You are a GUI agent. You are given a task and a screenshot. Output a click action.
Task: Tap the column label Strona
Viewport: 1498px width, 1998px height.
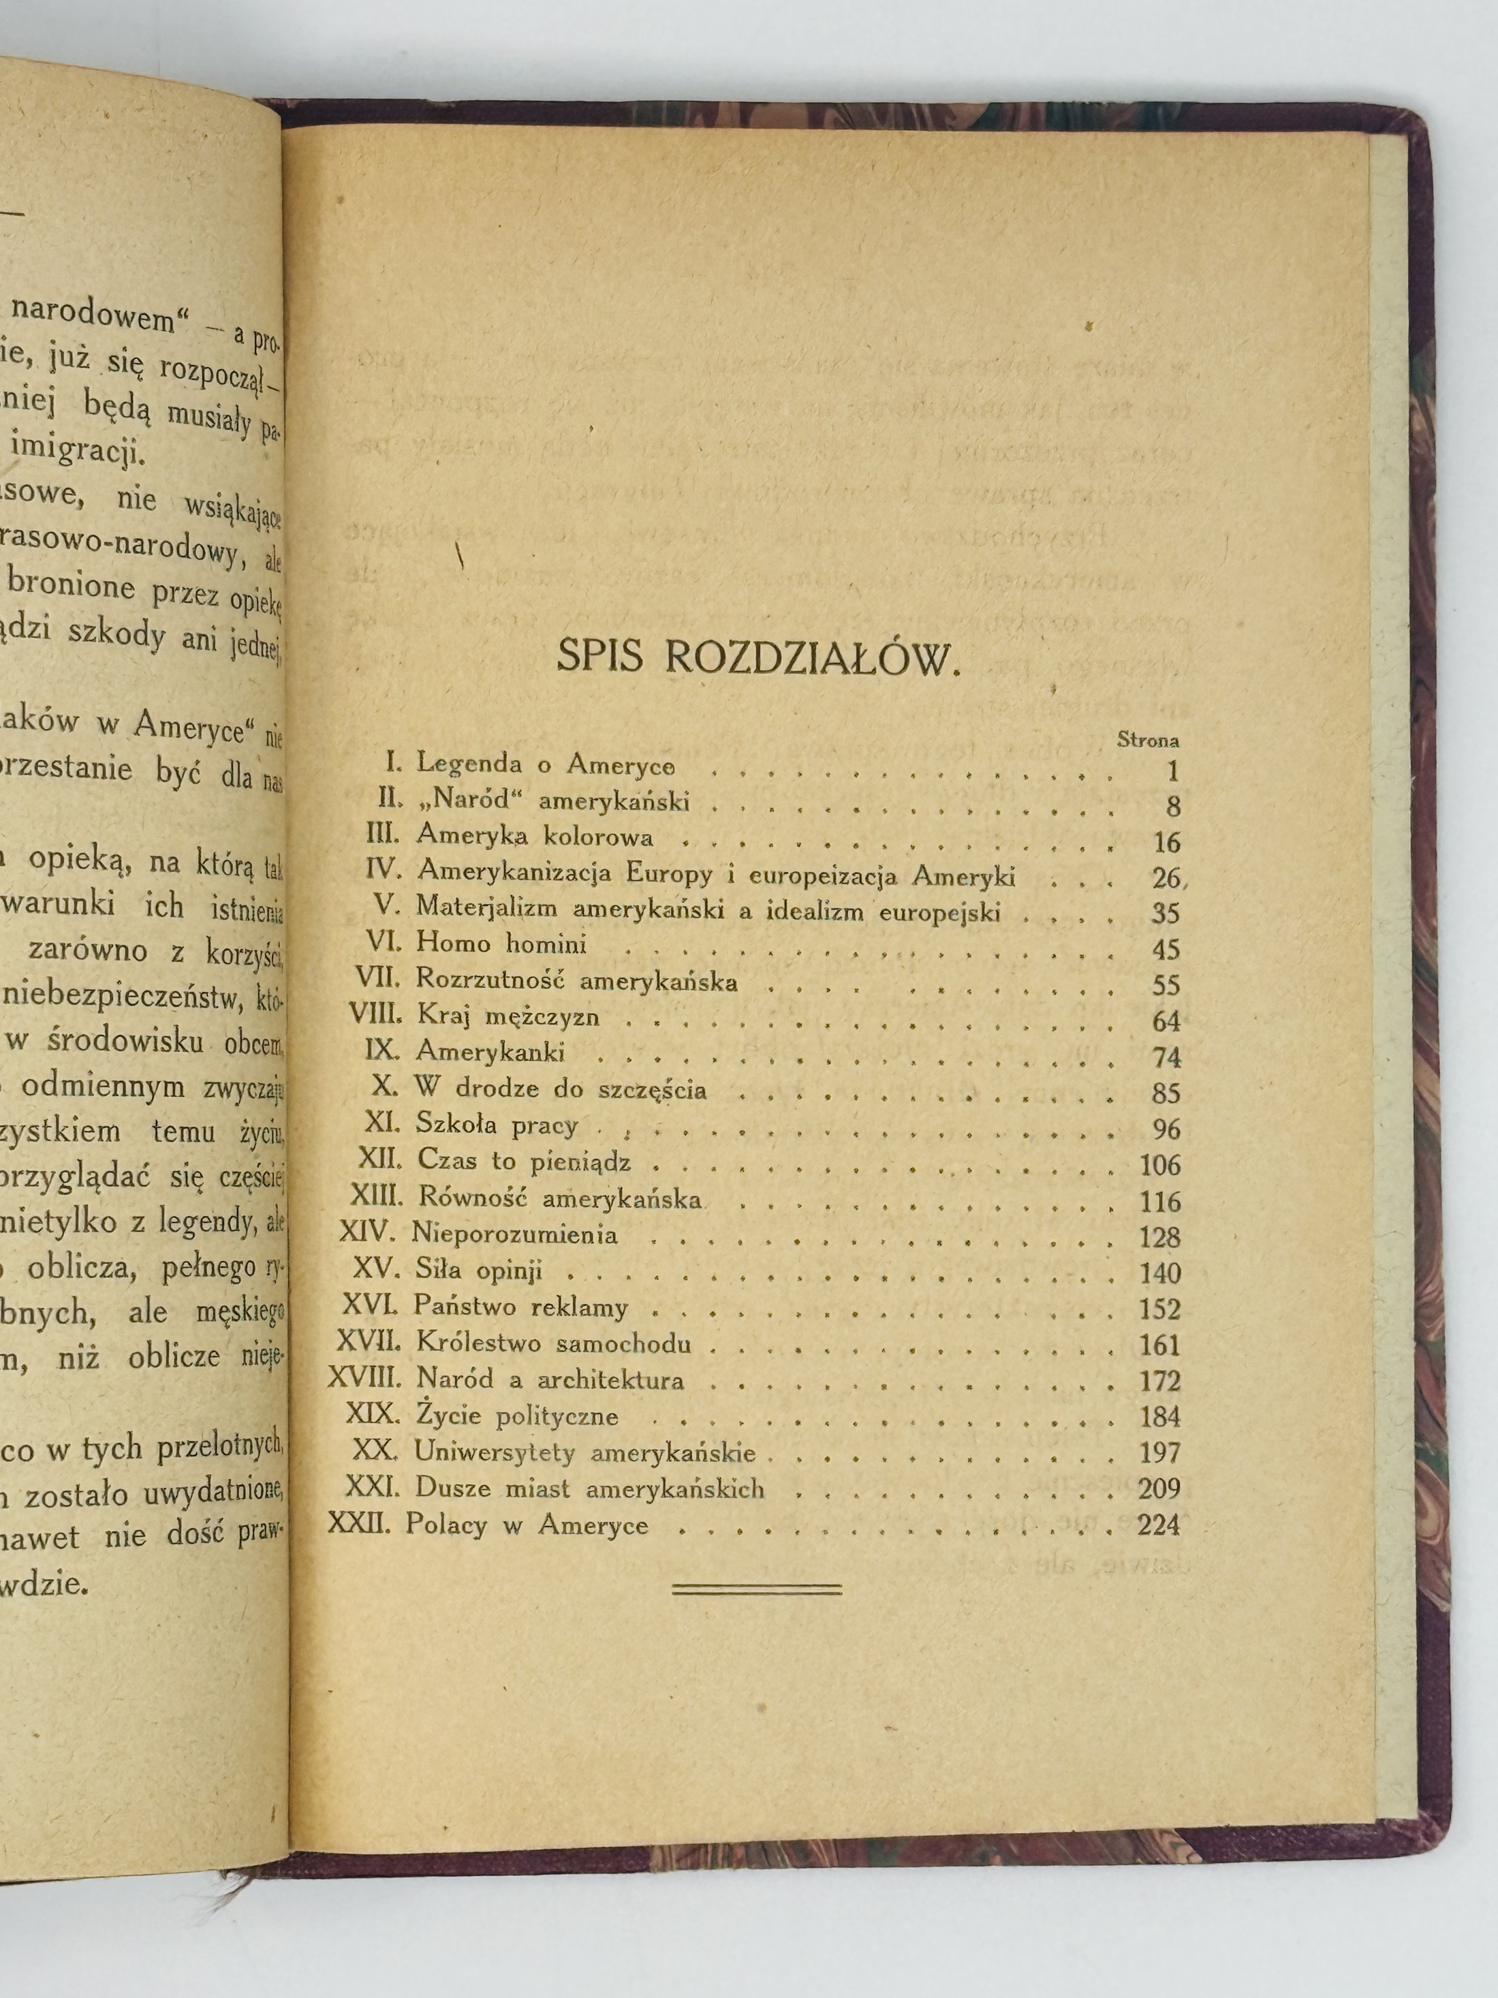click(1147, 740)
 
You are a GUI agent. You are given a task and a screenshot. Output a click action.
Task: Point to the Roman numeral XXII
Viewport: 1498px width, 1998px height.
click(356, 1525)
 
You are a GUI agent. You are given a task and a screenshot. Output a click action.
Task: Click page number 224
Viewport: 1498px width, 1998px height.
click(1159, 1525)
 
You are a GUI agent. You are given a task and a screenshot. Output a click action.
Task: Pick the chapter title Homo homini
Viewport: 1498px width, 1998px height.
click(501, 944)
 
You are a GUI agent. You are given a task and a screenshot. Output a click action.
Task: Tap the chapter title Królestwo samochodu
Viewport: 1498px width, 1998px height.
click(554, 1343)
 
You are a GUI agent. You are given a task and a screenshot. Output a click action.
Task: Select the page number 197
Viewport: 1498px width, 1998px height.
click(1159, 1452)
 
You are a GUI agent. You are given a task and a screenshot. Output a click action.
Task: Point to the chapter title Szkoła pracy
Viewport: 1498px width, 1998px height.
click(496, 1125)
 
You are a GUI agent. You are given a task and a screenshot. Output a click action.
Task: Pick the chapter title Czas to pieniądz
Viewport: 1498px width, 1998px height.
click(524, 1161)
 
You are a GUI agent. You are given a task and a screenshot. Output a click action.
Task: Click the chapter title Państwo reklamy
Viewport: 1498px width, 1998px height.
click(521, 1307)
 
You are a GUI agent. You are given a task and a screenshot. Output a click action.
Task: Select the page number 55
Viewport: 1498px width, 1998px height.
click(1166, 984)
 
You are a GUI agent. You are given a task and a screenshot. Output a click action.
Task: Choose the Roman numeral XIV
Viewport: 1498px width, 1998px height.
click(369, 1234)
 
